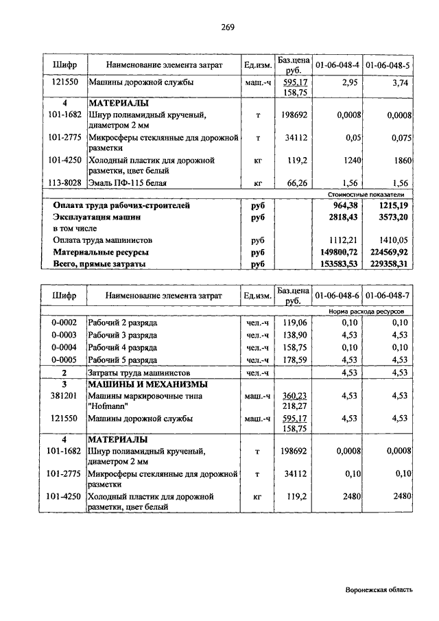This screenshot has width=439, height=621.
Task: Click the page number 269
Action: [x=228, y=27]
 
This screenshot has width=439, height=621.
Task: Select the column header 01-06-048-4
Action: [x=337, y=65]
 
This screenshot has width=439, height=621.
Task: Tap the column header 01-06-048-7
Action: [x=388, y=296]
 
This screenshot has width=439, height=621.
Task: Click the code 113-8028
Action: [x=64, y=183]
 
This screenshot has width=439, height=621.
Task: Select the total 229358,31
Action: [x=388, y=263]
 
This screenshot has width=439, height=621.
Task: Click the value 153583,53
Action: [x=337, y=263]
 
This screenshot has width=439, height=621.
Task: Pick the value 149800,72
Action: [x=337, y=252]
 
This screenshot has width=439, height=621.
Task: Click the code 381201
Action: [x=64, y=396]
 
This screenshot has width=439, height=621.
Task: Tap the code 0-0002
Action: [x=64, y=323]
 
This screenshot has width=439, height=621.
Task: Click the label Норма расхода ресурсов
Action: [x=366, y=311]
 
